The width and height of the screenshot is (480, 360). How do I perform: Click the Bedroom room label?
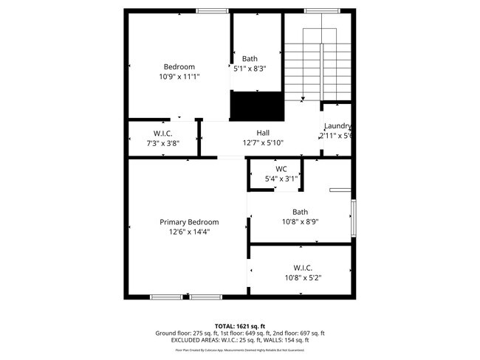[x=179, y=66]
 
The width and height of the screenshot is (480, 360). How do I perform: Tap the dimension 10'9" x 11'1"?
[x=179, y=76]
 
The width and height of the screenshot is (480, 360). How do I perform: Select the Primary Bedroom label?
[x=189, y=222]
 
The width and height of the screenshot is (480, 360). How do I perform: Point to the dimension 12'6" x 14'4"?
[x=189, y=232]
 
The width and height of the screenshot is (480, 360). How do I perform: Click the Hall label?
[x=262, y=133]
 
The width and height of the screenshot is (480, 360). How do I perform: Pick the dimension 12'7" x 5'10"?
[x=262, y=142]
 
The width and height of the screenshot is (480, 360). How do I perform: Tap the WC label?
[x=281, y=169]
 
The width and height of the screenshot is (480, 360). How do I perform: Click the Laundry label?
[x=337, y=126]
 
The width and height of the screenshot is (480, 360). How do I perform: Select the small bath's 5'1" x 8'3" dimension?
[x=250, y=69]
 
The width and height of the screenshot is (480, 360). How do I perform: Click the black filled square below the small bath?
[x=257, y=105]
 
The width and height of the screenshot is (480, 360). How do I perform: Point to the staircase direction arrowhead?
[x=304, y=98]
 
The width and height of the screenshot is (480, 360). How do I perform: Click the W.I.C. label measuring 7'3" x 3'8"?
[x=162, y=133]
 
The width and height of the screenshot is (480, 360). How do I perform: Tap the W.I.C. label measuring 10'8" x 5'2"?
[x=302, y=268]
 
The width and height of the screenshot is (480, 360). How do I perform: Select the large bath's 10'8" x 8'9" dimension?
[x=300, y=221]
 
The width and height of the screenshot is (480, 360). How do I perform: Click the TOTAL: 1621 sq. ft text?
[x=239, y=325]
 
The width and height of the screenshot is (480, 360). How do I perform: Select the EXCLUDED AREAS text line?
[x=239, y=340]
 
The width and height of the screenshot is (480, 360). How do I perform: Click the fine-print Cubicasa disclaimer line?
[x=239, y=350]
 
